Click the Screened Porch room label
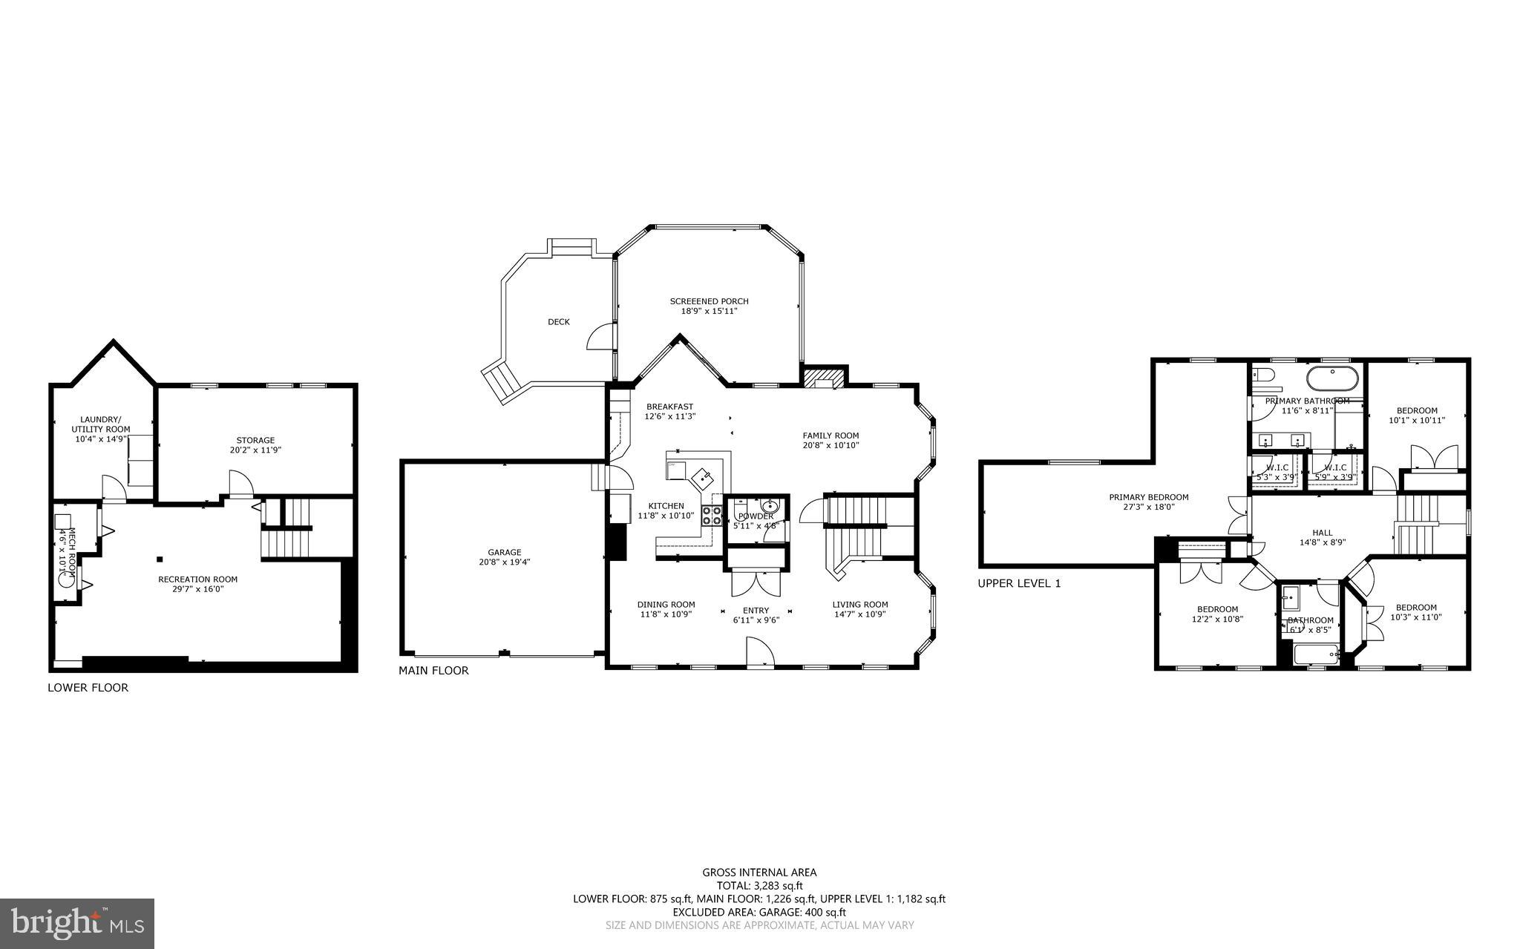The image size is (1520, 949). (709, 301)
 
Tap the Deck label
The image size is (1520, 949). (559, 322)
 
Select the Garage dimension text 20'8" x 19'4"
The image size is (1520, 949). (505, 562)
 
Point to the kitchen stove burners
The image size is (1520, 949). (712, 516)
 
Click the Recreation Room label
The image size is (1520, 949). (197, 579)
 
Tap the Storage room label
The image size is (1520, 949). (255, 440)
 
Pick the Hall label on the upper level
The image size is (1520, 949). (1322, 533)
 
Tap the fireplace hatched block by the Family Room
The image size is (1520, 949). (825, 378)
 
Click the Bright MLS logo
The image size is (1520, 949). (77, 923)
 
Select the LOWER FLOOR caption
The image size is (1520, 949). (88, 688)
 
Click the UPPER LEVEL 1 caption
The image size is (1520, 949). (1019, 584)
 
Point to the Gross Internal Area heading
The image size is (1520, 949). (759, 873)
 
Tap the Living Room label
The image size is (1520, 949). (859, 604)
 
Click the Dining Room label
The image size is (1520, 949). (666, 604)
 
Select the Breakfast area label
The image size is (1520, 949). (669, 407)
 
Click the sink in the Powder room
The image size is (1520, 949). (768, 507)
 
